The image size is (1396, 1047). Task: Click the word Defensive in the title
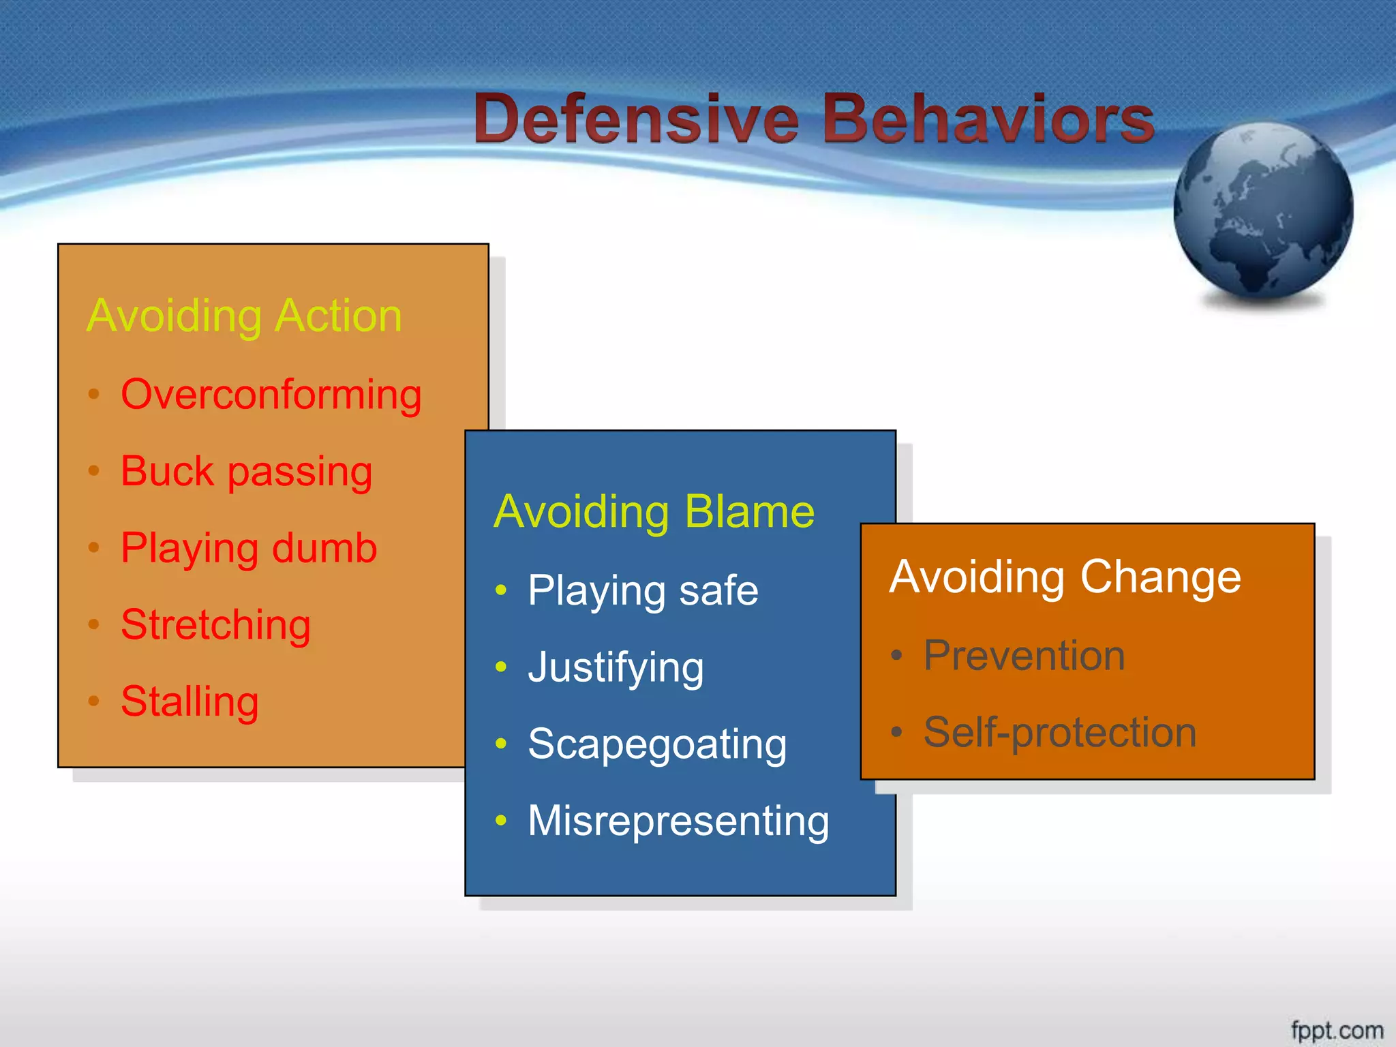pos(637,119)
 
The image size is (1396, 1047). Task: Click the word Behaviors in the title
pos(988,119)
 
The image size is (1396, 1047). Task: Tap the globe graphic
pos(1263,211)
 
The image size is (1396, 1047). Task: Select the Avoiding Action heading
pos(244,316)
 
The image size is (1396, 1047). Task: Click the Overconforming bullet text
pos(271,395)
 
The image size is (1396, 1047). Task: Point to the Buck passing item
pos(246,472)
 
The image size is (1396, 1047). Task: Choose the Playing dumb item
pos(248,549)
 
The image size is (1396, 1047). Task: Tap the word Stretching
pos(215,625)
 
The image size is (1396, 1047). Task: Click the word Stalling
pos(189,702)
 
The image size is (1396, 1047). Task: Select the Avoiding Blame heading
pos(654,512)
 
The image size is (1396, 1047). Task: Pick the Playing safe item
pos(642,591)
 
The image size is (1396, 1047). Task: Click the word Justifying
pos(616,668)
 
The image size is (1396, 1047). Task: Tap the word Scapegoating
pos(657,744)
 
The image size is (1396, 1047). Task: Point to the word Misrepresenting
pos(678,821)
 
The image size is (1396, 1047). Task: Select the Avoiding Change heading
pos(1065,577)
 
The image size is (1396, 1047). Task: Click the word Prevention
pos(1024,656)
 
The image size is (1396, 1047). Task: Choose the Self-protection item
pos(1059,733)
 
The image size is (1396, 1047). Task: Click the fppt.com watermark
pos(1337,1030)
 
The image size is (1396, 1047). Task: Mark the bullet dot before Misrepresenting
pos(501,820)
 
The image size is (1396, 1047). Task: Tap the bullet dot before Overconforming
pos(94,394)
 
